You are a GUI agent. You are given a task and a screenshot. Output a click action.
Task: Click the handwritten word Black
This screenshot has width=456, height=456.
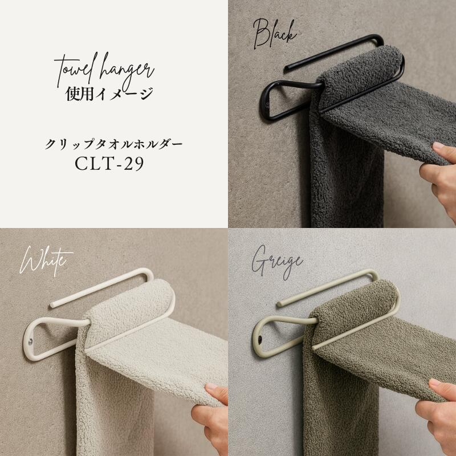[x=275, y=34]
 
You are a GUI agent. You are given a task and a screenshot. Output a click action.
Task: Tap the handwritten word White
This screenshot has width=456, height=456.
[x=46, y=261]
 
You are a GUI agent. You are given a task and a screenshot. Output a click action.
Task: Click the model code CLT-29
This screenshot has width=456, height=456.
[x=109, y=164]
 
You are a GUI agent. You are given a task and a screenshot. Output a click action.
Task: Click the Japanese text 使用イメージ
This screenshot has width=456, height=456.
[x=109, y=94]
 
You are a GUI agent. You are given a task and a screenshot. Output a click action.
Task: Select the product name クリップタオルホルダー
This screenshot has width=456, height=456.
[x=113, y=144]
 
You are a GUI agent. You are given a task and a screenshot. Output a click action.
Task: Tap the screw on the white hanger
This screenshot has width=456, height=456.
[x=31, y=340]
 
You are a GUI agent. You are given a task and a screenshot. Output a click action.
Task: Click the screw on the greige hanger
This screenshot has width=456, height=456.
[x=260, y=339]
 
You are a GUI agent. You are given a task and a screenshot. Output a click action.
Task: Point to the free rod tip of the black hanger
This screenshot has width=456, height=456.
[x=286, y=69]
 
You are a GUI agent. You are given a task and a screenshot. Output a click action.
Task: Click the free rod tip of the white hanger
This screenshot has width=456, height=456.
[x=52, y=306]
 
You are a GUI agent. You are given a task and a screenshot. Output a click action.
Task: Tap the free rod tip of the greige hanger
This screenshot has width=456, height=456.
[x=279, y=304]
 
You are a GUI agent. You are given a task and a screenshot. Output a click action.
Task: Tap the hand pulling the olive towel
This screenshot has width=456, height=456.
[x=438, y=413]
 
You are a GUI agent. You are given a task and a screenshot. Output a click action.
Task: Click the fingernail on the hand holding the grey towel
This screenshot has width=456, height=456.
[x=439, y=145]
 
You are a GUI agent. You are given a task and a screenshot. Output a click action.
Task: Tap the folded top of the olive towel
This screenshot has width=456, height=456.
[x=353, y=303]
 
